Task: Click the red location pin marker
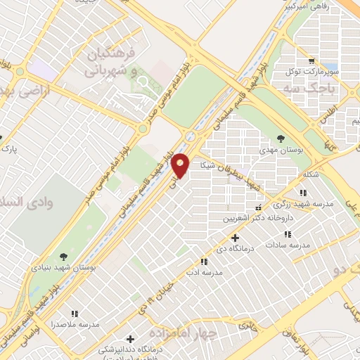pyautogui.click(x=181, y=165)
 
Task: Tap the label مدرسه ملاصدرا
pyautogui.click(x=75, y=326)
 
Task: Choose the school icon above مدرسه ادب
pyautogui.click(x=204, y=260)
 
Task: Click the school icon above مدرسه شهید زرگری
pyautogui.click(x=302, y=193)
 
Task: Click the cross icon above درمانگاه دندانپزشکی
pyautogui.click(x=130, y=340)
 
